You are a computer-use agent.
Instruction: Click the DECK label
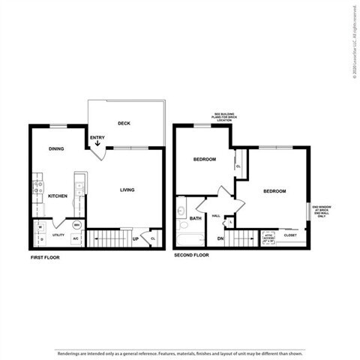click(x=124, y=123)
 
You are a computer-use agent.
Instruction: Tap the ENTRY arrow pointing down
click(x=97, y=145)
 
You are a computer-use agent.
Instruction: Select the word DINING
click(x=56, y=148)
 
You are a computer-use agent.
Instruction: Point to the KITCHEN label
click(x=58, y=196)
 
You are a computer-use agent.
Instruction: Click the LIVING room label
click(x=127, y=190)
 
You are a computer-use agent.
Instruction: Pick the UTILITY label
click(x=57, y=236)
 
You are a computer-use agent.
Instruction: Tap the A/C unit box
click(x=76, y=236)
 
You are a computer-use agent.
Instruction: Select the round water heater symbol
click(x=77, y=225)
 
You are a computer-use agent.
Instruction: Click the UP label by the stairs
click(x=135, y=239)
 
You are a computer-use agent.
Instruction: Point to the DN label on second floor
click(x=220, y=239)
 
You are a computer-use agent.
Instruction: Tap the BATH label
click(x=196, y=219)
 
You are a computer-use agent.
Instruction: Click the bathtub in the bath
click(x=189, y=240)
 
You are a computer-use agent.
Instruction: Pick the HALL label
click(x=215, y=216)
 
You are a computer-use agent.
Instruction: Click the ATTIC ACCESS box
click(x=269, y=238)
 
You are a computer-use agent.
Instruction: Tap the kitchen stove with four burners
click(x=37, y=187)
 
